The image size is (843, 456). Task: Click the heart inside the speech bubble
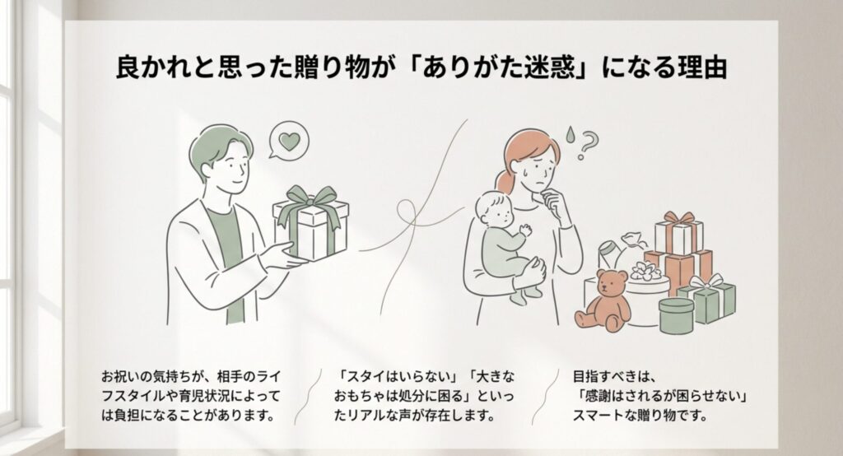287,140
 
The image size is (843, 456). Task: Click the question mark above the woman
586,145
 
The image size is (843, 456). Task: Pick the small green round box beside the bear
676,315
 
